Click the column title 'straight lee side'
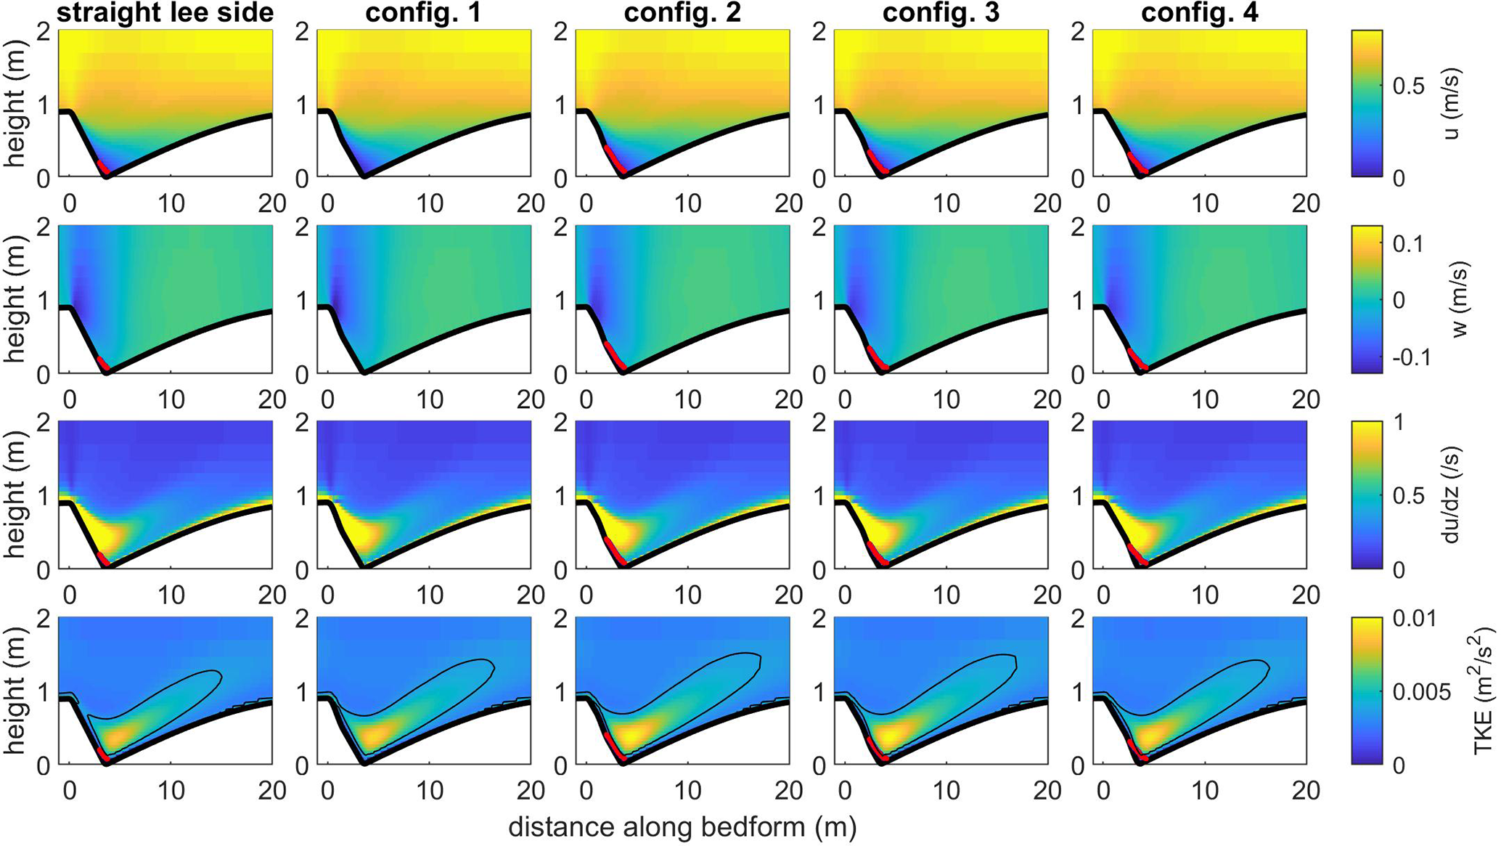[x=165, y=13]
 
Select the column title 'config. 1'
[x=423, y=13]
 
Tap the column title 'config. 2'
[x=682, y=13]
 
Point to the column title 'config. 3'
[x=941, y=13]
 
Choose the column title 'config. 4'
[x=1200, y=13]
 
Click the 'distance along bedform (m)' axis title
[x=682, y=827]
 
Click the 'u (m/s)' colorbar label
[x=1450, y=104]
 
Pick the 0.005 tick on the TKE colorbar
[x=1421, y=691]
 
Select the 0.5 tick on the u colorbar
[x=1409, y=86]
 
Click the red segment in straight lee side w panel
[x=103, y=362]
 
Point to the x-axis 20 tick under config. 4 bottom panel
[x=1306, y=790]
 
